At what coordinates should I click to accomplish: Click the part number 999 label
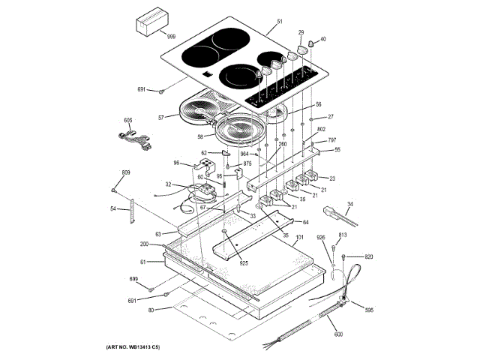click(x=171, y=37)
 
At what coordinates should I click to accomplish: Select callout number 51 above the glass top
click(x=280, y=22)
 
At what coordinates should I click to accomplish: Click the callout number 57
click(x=161, y=118)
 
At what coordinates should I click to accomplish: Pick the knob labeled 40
click(x=304, y=49)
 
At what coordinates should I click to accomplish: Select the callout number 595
click(x=369, y=310)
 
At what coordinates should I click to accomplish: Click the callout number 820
click(x=368, y=257)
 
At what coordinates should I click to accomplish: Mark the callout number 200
click(x=144, y=245)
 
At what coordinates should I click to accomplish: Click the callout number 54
click(x=113, y=208)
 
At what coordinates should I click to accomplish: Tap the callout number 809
click(x=126, y=173)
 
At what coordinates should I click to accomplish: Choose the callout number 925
click(x=243, y=263)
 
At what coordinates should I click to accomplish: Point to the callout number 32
click(x=169, y=184)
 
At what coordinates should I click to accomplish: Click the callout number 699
click(x=133, y=279)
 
